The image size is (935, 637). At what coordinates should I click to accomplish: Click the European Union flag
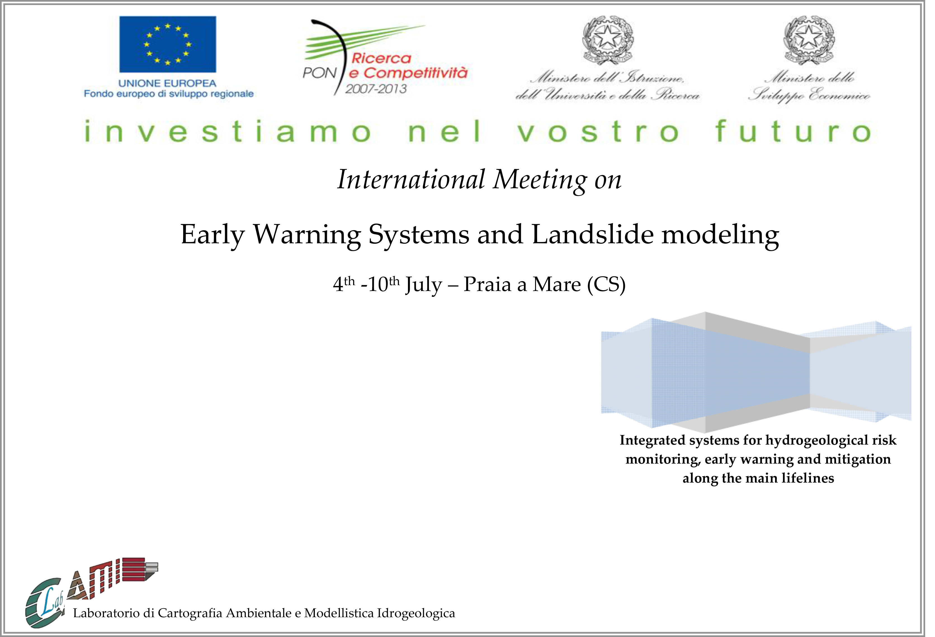168,44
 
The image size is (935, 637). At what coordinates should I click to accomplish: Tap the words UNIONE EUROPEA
167,83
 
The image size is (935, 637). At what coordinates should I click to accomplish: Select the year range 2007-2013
376,89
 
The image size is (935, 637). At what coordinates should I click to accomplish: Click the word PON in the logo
319,73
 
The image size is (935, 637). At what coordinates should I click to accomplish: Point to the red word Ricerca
381,59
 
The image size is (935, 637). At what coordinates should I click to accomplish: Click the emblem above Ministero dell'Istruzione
608,40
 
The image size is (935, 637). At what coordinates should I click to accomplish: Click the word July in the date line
423,285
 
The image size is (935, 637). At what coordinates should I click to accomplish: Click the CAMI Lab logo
92,591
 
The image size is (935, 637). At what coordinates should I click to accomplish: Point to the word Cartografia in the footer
190,613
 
